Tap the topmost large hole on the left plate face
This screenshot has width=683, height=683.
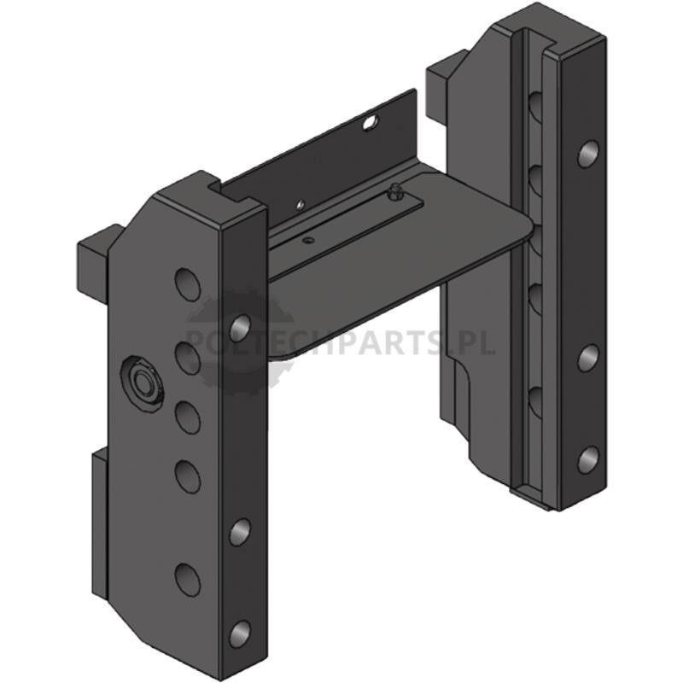(x=188, y=284)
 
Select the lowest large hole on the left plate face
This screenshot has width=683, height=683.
(x=188, y=580)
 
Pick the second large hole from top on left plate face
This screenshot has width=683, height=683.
(x=188, y=358)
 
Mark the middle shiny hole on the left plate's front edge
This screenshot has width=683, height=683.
(x=240, y=532)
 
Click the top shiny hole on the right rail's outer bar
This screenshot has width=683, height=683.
(x=588, y=154)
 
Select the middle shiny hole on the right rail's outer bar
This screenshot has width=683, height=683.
(x=588, y=358)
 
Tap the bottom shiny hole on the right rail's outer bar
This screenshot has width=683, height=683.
(x=588, y=460)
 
